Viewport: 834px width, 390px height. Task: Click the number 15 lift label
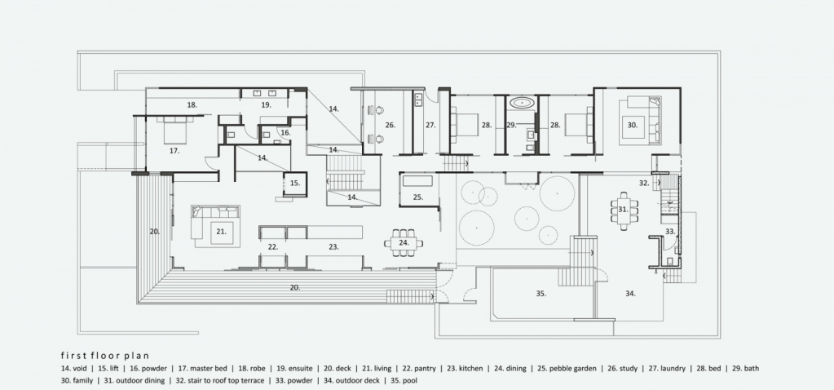(x=294, y=183)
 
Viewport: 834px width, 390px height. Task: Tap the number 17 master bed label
(x=174, y=151)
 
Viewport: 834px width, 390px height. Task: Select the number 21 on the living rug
(x=221, y=232)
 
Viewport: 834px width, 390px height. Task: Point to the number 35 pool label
(x=541, y=293)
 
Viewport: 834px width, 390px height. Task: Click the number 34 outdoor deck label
(x=630, y=293)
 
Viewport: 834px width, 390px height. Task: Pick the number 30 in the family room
(x=632, y=125)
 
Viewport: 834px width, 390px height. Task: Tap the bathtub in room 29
(x=523, y=102)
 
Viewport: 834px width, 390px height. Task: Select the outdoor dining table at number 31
(x=624, y=211)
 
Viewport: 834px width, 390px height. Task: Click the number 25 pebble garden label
(x=417, y=197)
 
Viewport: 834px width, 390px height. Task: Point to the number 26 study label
(x=391, y=126)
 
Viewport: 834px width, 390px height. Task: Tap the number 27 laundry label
(x=430, y=126)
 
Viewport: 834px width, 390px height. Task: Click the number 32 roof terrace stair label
(x=644, y=183)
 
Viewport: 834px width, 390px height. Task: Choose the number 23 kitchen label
(x=333, y=247)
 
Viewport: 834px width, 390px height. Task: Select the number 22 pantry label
(x=273, y=247)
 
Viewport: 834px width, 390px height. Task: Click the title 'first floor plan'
(x=105, y=356)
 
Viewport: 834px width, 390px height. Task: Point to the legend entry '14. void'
(x=74, y=368)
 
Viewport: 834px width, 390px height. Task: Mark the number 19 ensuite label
(x=266, y=104)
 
